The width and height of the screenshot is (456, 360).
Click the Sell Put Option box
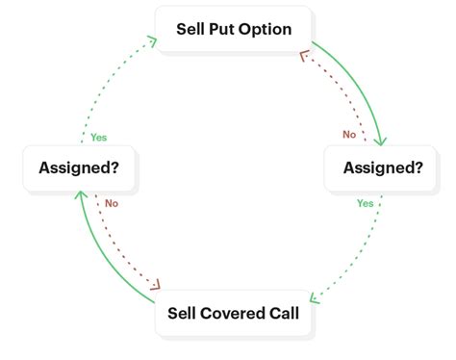[x=234, y=29]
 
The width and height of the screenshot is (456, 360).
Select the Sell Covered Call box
[x=234, y=313]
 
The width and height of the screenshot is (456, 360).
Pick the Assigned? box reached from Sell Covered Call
[x=79, y=167]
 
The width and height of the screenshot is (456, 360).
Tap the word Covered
[x=236, y=313]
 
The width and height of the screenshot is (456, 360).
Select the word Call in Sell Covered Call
[x=285, y=313]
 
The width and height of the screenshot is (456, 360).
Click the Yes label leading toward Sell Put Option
[x=99, y=138]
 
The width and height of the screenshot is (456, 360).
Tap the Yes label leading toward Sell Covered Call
[x=365, y=203]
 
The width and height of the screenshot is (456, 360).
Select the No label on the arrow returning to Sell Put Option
[x=349, y=134]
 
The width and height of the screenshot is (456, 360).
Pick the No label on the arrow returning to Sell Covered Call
[x=112, y=203]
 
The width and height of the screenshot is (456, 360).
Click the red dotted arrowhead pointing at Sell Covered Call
[x=154, y=284]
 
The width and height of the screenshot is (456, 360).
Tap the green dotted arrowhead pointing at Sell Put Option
[x=151, y=39]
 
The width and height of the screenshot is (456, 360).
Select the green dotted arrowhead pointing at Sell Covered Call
[x=314, y=295]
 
